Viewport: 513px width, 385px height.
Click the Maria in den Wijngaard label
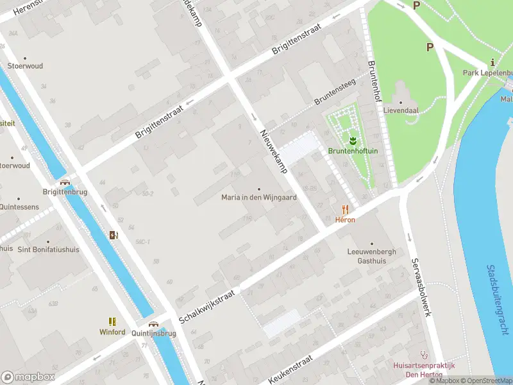tap(259, 198)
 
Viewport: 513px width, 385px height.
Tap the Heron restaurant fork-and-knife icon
tap(345, 209)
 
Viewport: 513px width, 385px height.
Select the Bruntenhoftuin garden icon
tap(352, 139)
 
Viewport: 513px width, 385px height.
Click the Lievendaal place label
tap(401, 110)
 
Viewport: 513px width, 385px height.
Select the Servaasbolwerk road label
tap(420, 287)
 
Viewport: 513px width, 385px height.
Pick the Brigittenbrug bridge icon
tap(65, 182)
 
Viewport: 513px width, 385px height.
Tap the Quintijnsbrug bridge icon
tap(153, 325)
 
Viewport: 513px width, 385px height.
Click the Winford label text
tap(112, 332)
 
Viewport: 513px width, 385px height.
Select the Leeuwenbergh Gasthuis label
tap(367, 256)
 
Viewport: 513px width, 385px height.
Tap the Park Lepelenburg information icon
tap(492, 63)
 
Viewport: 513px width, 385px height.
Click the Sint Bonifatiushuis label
tap(48, 250)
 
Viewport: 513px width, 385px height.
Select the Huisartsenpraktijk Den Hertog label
tap(424, 370)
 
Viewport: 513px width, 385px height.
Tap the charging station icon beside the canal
tap(114, 235)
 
